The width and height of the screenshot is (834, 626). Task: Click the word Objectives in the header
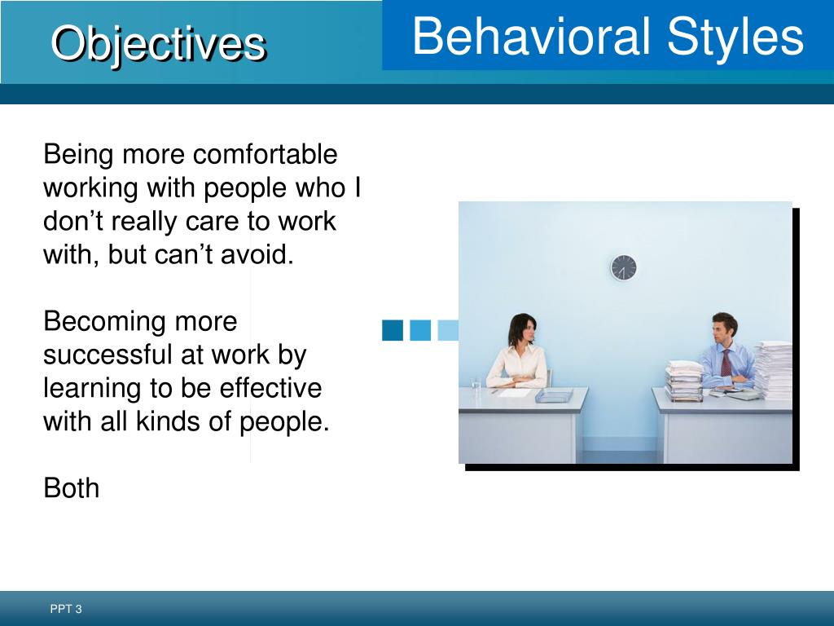(159, 44)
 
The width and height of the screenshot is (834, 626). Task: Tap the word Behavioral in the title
(531, 36)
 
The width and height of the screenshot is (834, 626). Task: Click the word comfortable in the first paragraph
(265, 154)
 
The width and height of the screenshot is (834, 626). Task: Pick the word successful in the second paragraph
(108, 355)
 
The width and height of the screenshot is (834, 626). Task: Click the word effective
(270, 388)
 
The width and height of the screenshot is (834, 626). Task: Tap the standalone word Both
(72, 488)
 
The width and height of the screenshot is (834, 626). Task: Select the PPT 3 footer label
(66, 609)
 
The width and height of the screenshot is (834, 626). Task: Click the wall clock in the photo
(623, 267)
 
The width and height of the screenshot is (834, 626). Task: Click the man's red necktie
(726, 363)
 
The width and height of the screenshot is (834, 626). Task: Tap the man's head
(724, 329)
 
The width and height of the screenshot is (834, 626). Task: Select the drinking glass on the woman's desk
(476, 386)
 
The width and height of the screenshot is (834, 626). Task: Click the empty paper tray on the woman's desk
(554, 395)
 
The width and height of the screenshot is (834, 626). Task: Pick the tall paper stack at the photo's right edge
(774, 370)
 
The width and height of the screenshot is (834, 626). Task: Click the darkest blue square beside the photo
(393, 330)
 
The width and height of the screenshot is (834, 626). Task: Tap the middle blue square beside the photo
(420, 330)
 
